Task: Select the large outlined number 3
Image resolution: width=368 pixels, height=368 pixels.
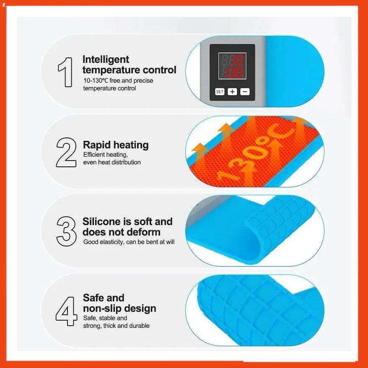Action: point(66,231)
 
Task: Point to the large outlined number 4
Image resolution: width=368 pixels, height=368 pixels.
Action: point(66,311)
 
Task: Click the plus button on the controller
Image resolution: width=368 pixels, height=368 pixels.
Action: point(232,91)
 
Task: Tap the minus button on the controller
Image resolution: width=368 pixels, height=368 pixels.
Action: point(245,91)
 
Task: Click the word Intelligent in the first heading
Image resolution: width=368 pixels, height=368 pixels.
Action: point(106,60)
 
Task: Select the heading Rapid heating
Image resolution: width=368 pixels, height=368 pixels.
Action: point(116,145)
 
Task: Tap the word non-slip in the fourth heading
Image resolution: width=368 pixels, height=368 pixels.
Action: point(104,308)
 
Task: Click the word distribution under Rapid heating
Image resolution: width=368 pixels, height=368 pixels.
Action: point(126,162)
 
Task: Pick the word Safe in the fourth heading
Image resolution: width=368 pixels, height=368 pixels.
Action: point(93,298)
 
